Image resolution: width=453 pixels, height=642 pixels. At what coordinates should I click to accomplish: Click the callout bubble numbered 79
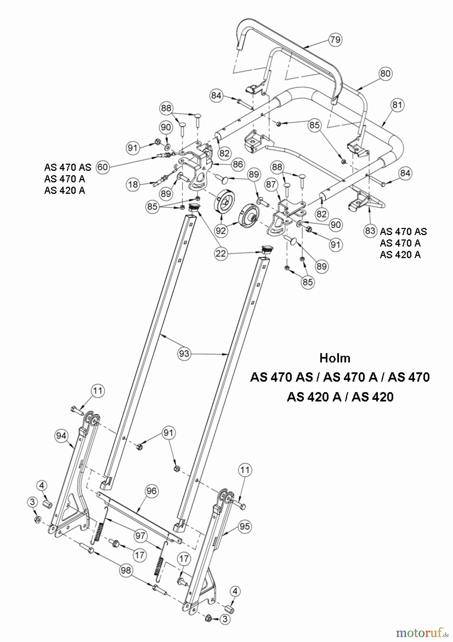coord(335,39)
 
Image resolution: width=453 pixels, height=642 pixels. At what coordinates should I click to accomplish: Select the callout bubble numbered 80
coord(385,73)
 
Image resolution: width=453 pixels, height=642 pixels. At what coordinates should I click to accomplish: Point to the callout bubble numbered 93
coord(184,354)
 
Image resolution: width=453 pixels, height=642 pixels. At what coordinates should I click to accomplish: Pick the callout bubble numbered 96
coord(151,491)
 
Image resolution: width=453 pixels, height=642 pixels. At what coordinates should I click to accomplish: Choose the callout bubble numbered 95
coord(245,526)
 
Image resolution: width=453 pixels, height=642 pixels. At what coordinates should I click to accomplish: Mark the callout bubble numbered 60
coord(103,167)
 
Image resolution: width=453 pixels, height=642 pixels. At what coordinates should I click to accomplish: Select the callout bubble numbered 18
coord(133,184)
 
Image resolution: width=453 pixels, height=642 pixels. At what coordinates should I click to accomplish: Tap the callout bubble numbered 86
coord(238,164)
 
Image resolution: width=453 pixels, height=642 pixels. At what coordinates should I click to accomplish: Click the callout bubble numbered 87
coord(271,184)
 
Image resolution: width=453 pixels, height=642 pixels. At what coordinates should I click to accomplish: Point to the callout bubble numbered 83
coord(370,231)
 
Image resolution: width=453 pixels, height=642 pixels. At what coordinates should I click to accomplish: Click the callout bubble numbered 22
coord(222,253)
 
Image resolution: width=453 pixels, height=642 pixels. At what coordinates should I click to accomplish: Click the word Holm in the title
coord(335,358)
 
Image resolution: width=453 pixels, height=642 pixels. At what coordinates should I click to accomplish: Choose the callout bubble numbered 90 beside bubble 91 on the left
coord(166,127)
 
